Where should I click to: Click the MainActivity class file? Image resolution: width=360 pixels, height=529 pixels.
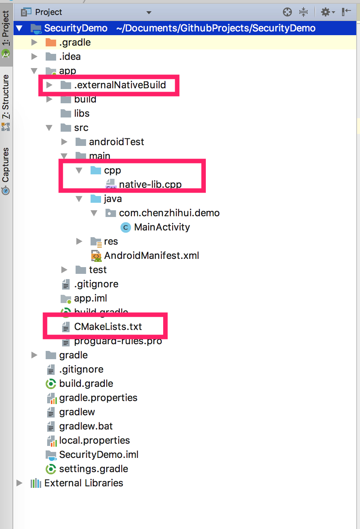click(x=162, y=227)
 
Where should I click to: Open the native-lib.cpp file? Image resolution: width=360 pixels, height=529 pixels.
click(x=150, y=184)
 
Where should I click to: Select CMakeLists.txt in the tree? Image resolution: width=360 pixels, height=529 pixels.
click(x=108, y=327)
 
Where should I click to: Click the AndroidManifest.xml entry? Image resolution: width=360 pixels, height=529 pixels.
click(x=151, y=256)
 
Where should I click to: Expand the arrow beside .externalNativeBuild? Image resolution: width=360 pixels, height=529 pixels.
click(x=49, y=85)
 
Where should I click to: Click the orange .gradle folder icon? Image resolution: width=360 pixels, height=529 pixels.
click(x=51, y=42)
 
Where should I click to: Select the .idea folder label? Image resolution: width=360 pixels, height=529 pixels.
click(x=70, y=56)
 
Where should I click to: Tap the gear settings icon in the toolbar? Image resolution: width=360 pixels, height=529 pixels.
click(x=326, y=12)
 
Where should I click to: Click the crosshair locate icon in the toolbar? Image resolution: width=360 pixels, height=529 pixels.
click(x=287, y=12)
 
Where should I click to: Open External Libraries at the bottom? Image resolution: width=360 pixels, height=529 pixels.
click(x=83, y=483)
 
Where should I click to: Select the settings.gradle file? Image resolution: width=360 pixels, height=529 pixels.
click(x=94, y=469)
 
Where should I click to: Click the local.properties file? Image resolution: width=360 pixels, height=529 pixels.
click(x=94, y=440)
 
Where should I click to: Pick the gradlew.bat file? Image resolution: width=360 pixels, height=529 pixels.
click(x=86, y=426)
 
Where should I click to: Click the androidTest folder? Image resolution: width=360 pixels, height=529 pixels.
click(x=116, y=142)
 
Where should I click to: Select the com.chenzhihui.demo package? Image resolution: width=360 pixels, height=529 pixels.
click(x=169, y=213)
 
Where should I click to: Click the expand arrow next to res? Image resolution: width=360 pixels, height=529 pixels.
click(x=79, y=241)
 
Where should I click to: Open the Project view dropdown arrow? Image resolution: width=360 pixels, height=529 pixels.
click(x=149, y=12)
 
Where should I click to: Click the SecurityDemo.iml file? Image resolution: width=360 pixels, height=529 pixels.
click(x=98, y=455)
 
